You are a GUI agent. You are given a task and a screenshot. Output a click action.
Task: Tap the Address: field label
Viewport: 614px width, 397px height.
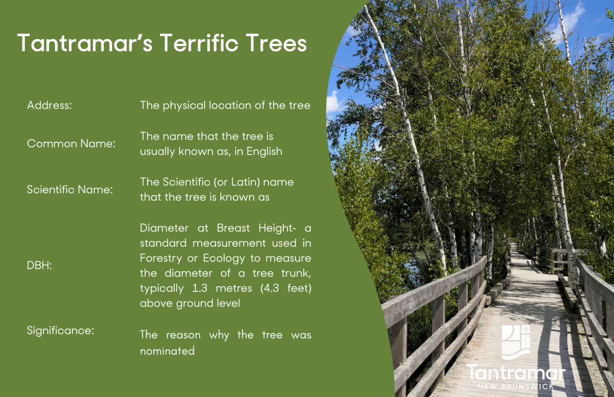point(50,106)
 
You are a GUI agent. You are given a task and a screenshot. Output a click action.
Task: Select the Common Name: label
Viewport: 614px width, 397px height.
point(71,144)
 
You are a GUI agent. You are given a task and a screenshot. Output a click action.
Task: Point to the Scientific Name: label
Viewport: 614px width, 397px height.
point(70,190)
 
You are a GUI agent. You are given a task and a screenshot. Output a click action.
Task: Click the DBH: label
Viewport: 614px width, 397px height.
point(40,265)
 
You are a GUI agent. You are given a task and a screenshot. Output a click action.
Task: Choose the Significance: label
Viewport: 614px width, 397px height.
point(60,330)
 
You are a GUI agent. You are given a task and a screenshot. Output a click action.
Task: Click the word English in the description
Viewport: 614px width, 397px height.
point(264,152)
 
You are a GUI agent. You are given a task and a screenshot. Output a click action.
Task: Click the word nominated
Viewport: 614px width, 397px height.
point(167,351)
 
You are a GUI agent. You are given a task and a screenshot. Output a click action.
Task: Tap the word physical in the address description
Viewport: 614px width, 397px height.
point(184,106)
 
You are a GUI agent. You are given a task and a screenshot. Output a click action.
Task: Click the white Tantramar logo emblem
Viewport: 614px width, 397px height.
point(516,342)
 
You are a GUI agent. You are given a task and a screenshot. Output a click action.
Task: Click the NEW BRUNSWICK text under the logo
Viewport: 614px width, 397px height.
point(516,387)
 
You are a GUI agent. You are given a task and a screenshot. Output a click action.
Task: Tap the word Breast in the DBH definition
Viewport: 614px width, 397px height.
point(233,228)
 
